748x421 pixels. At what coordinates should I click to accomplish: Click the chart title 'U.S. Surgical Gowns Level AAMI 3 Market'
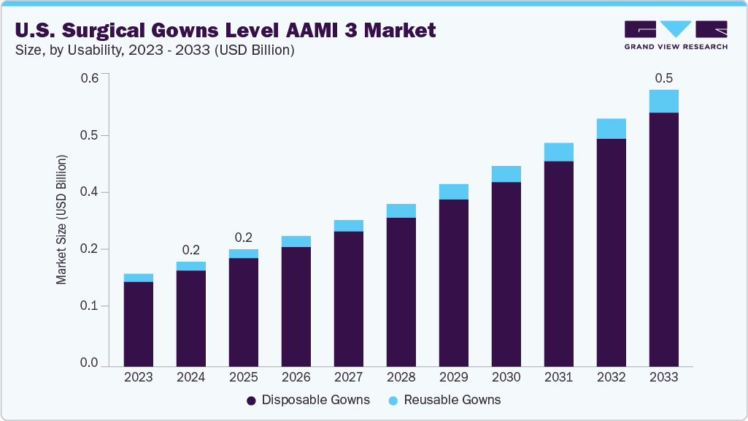[225, 30]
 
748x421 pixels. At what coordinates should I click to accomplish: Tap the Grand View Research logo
[675, 35]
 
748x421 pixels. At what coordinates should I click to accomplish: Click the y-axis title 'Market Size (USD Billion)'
[62, 220]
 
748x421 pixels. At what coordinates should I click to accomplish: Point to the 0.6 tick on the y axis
[89, 77]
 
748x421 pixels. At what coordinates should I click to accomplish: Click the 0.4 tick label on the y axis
[89, 192]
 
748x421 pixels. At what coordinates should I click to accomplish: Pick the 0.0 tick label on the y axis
[89, 363]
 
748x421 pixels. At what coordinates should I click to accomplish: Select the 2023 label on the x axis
[139, 378]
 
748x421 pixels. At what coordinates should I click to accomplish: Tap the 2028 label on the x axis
[401, 378]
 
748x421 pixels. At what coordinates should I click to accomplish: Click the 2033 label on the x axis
[663, 378]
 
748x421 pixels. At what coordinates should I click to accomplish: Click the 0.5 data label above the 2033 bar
[663, 78]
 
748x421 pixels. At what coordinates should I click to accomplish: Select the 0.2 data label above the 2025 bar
[244, 238]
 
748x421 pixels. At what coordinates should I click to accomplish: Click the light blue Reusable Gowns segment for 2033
[663, 102]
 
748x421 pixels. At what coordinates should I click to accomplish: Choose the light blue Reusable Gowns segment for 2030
[506, 174]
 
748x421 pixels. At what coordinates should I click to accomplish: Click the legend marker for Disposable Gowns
[251, 401]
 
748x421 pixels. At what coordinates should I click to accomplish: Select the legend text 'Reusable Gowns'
[452, 401]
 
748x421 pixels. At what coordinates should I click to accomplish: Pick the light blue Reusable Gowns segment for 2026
[296, 242]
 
